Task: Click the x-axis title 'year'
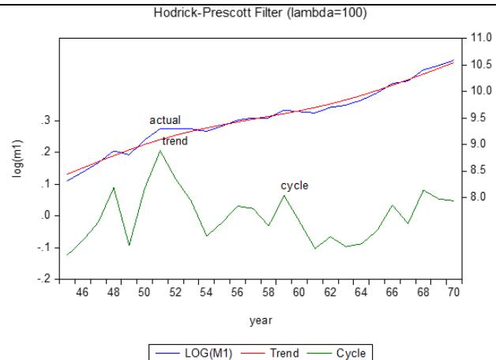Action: coord(260,320)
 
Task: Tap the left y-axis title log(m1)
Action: coord(17,160)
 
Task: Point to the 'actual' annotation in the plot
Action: coord(165,120)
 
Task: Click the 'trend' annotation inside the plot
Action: coord(175,141)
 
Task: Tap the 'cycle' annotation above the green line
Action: coord(295,186)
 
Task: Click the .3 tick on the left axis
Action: coord(47,121)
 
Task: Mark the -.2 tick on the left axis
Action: coord(45,279)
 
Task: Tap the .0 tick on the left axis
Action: coord(47,216)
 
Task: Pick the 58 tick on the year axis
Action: coord(269,293)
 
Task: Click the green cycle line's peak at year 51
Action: coord(160,150)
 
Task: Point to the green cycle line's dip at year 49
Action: coord(130,246)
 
